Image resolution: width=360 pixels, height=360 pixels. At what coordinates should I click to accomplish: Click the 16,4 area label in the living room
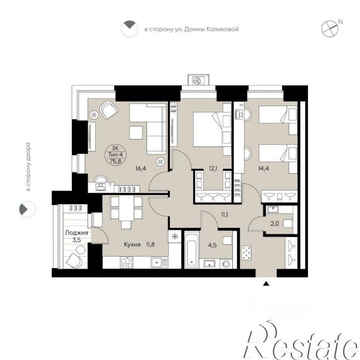[x=141, y=168]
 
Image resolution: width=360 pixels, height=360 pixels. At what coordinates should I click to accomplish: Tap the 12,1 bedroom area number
[x=213, y=169]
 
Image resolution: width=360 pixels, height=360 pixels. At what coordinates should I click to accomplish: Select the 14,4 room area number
[x=264, y=169]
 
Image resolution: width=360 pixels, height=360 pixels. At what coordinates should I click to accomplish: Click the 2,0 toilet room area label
[x=275, y=223]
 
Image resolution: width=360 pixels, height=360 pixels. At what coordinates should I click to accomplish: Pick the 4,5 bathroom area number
[x=212, y=245]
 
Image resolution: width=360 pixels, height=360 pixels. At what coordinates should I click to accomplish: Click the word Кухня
[x=132, y=245]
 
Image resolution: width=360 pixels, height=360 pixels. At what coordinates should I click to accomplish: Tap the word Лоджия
[x=76, y=233]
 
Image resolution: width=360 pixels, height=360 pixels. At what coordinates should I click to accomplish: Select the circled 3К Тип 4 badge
[x=116, y=154]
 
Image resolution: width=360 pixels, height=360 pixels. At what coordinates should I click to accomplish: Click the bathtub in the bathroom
[x=192, y=251]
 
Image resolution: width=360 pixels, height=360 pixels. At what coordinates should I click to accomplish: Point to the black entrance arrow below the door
[x=266, y=284]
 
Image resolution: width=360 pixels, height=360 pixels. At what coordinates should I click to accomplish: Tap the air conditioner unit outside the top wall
[x=199, y=80]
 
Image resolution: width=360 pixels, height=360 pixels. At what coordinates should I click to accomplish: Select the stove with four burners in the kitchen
[x=126, y=263]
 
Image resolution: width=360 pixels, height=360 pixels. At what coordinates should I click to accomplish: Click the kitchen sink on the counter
[x=159, y=262]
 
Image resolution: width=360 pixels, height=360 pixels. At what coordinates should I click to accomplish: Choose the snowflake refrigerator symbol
[x=175, y=236]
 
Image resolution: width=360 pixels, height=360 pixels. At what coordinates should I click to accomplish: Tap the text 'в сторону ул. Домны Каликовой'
[x=192, y=29]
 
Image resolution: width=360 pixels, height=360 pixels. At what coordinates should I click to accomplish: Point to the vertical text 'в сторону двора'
[x=28, y=167]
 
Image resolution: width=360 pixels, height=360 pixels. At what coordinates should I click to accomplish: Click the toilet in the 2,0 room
[x=288, y=223]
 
